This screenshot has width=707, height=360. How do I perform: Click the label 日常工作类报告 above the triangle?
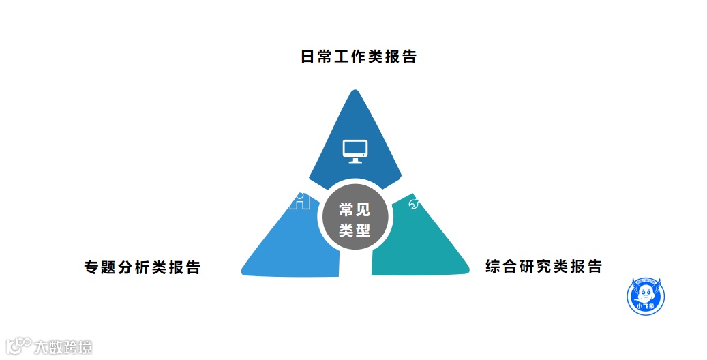tap(359, 57)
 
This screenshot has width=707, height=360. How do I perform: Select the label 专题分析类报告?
tap(142, 267)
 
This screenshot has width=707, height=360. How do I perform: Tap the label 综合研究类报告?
tap(543, 266)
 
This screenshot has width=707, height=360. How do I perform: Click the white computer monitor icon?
tap(355, 151)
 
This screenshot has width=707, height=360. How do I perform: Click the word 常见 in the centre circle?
tap(355, 209)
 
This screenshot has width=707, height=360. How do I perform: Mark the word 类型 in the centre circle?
tap(355, 231)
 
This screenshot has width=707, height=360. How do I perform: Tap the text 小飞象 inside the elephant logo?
tap(645, 307)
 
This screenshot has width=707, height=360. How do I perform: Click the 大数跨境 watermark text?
tap(63, 347)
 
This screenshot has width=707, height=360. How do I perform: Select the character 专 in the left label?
tap(91, 267)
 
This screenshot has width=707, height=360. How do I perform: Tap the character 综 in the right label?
tap(493, 266)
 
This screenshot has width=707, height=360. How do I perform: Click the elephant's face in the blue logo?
tap(645, 294)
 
